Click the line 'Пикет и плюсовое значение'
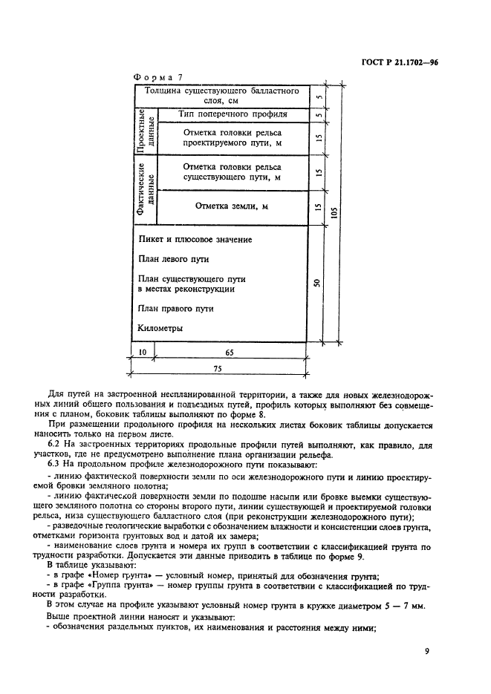coord(195,240)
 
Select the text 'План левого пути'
coord(173,259)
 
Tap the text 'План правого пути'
coord(176,308)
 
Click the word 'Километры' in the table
coord(160,327)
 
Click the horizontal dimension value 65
coord(230,353)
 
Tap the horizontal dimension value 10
coord(143,353)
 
